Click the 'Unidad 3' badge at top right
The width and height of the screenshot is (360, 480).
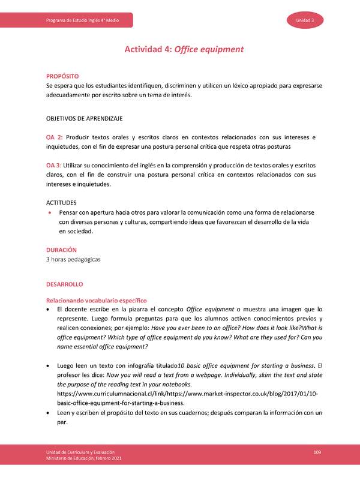point(310,20)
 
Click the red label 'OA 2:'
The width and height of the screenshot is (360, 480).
point(55,137)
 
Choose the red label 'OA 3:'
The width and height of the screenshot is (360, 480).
point(55,165)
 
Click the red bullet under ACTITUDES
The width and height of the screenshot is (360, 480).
point(49,213)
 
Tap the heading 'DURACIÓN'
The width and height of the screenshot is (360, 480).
point(61,249)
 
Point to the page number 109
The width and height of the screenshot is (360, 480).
point(318,451)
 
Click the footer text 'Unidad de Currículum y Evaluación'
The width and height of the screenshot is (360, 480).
point(81,451)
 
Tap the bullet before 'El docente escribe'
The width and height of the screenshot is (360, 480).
point(49,309)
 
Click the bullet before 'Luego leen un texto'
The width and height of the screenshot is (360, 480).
point(49,365)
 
